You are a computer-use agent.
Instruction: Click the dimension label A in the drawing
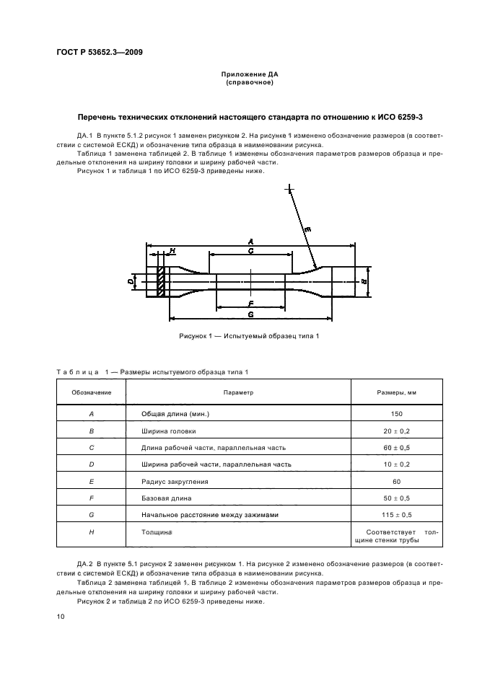250,241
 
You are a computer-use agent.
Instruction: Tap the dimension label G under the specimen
250,314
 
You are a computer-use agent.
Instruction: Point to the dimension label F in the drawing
250,304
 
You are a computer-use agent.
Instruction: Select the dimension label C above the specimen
250,252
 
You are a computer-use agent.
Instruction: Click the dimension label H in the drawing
172,251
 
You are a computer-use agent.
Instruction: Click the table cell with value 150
397,414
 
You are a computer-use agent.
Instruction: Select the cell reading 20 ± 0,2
397,431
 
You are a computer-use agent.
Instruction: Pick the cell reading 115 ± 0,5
397,515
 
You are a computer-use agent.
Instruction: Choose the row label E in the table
91,481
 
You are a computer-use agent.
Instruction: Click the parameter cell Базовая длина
169,498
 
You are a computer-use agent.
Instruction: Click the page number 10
61,616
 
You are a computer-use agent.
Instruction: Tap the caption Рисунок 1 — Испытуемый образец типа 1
249,336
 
